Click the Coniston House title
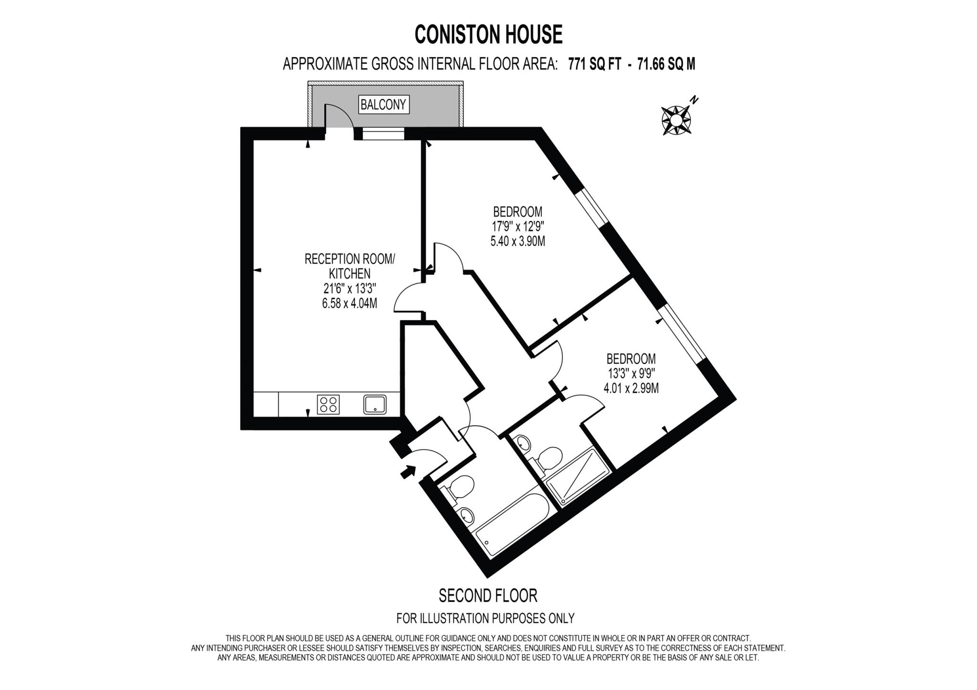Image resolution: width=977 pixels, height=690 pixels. (x=488, y=34)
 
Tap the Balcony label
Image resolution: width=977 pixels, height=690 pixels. (x=383, y=105)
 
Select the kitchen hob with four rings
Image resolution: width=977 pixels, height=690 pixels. (x=328, y=405)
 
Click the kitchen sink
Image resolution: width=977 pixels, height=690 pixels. (x=375, y=405)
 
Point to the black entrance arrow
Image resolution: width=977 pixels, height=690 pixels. (x=407, y=472)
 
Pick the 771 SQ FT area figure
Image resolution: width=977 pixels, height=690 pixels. (x=594, y=64)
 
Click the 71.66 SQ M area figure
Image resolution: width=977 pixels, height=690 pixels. (x=665, y=64)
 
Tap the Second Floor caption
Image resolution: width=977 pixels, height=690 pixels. (x=488, y=596)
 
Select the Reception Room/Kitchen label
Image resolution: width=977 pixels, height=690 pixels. (x=350, y=266)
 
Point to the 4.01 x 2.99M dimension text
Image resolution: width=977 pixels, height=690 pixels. (x=631, y=388)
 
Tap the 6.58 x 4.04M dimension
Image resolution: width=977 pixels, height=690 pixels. (x=350, y=303)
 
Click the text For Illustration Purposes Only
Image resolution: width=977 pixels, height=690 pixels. (x=485, y=618)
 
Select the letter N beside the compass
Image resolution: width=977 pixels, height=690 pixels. (x=695, y=100)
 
